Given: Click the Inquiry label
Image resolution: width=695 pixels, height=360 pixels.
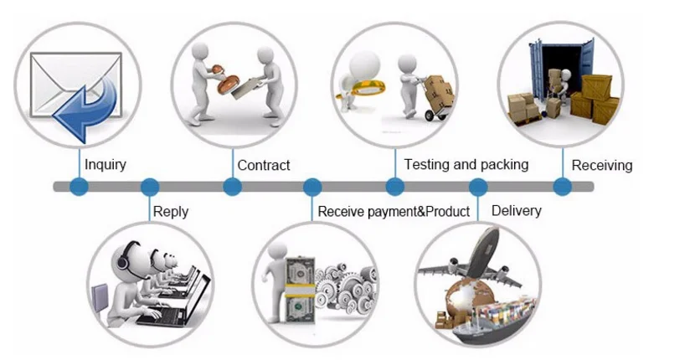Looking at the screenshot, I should tap(106, 164).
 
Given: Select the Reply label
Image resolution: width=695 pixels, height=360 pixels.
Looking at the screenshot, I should tap(171, 212).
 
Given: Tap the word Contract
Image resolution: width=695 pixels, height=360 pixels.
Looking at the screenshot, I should tap(264, 165).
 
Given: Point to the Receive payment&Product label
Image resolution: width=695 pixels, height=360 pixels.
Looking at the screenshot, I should tap(394, 212).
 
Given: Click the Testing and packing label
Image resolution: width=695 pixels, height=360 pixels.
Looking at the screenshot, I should tap(466, 164).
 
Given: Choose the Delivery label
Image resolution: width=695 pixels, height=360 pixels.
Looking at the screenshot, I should tap(516, 210).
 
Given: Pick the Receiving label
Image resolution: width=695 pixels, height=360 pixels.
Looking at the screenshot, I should tap(601, 165).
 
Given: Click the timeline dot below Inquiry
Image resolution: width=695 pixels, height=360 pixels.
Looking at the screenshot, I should tap(79, 187).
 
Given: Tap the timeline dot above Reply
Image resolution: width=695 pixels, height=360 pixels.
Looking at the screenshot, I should tap(150, 187).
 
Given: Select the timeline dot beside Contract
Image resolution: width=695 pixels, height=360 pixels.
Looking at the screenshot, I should tap(232, 187).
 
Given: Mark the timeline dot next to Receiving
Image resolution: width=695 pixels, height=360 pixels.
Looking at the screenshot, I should tap(560, 187).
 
